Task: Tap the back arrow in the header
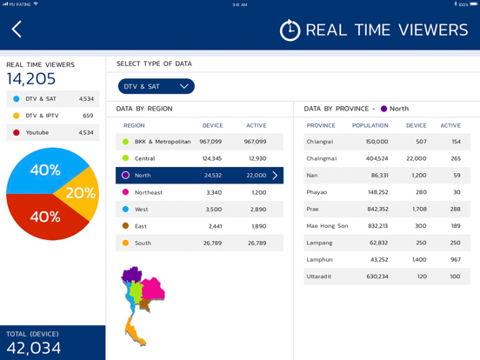tap(17, 29)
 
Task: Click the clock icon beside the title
tap(290, 30)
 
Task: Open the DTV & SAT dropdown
tap(157, 86)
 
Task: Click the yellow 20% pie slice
tap(80, 193)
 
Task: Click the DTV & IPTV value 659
tap(88, 116)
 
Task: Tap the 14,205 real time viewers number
tap(31, 78)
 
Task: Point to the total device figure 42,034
tap(34, 348)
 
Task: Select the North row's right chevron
tap(275, 176)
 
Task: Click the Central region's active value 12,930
tap(257, 158)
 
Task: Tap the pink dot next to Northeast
tap(125, 192)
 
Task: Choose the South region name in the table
tap(143, 243)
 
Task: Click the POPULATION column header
tap(370, 125)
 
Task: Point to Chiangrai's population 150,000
tap(377, 142)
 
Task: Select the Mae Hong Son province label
tap(327, 226)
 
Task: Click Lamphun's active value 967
tap(456, 260)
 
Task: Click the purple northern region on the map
tap(131, 274)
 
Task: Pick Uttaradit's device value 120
tap(422, 277)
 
